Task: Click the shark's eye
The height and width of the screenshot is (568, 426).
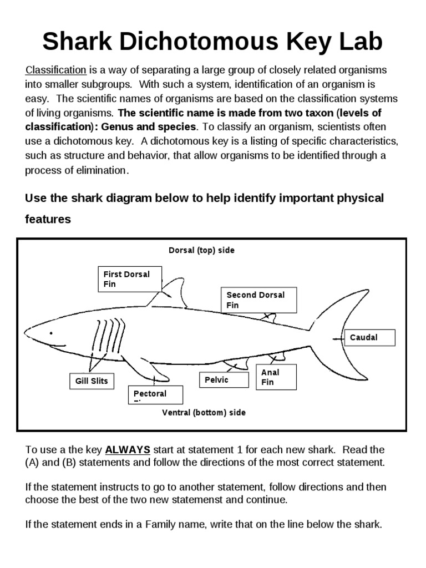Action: tap(51, 333)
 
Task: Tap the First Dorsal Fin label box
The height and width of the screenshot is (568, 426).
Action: tap(126, 278)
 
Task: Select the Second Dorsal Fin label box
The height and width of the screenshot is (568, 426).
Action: tap(259, 300)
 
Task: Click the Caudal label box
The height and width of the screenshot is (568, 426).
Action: tap(372, 338)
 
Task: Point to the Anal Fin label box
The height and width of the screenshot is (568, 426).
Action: tap(276, 377)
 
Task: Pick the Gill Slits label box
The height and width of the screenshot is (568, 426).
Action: tap(92, 382)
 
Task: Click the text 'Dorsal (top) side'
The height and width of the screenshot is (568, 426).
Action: tap(201, 250)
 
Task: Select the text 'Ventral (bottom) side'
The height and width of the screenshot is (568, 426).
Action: tap(204, 413)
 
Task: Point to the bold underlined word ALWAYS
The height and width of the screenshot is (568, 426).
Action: tap(128, 449)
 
